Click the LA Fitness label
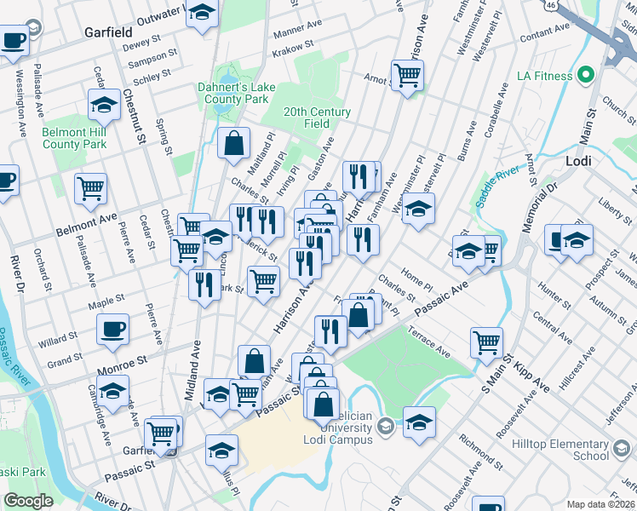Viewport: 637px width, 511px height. click(544, 76)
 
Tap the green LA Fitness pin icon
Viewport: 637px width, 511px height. click(584, 76)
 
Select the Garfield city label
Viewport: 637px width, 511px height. click(106, 33)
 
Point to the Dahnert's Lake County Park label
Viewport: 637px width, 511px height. click(232, 93)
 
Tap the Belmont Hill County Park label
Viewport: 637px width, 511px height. click(75, 138)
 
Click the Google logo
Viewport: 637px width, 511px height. click(28, 501)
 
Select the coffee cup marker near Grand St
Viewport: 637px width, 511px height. click(112, 328)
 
